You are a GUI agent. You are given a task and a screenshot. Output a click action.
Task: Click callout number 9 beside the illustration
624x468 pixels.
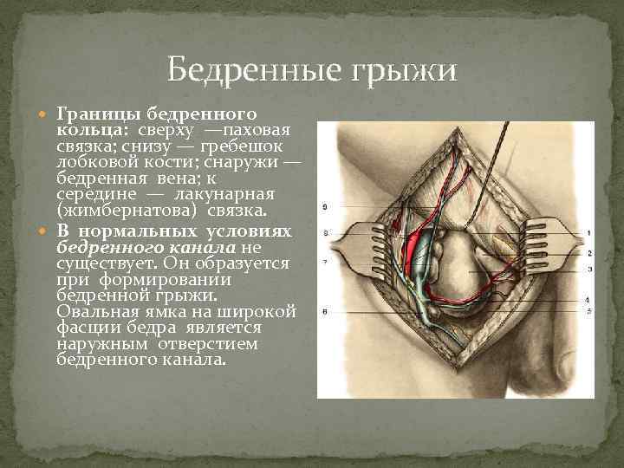(x=323, y=206)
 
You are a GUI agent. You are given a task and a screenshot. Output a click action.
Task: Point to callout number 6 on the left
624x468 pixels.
(x=323, y=310)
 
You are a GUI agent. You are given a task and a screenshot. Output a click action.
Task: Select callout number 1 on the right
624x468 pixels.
(x=588, y=233)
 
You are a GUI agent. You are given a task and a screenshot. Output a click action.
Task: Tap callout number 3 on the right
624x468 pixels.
(x=588, y=270)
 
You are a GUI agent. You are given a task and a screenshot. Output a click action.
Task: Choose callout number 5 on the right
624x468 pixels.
(x=588, y=310)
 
